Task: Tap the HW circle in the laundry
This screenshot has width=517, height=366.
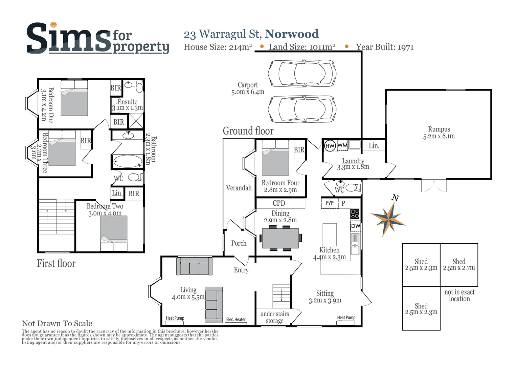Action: point(330,146)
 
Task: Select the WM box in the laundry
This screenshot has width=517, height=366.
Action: point(342,145)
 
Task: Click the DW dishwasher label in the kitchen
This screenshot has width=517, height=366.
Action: point(355,226)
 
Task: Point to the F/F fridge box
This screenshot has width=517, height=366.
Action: point(330,203)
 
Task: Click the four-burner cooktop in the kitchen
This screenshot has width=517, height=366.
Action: point(355,214)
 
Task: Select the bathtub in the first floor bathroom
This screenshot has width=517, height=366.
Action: point(128,161)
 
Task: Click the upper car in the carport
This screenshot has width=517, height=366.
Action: point(302,73)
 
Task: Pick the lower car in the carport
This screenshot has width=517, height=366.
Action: point(302,109)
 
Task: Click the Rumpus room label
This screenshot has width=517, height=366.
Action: point(439,133)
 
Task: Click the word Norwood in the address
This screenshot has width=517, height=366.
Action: point(292,34)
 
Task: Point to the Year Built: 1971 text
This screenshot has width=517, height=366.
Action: point(385,47)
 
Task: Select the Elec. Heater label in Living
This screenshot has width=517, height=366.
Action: point(236,320)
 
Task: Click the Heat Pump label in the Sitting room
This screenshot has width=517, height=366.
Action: point(346,318)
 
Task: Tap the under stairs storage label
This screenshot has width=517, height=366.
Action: point(274,317)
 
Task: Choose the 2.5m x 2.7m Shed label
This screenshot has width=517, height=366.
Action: point(459,264)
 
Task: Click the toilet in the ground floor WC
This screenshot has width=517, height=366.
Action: point(353,187)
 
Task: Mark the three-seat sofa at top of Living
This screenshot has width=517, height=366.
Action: point(194,266)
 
